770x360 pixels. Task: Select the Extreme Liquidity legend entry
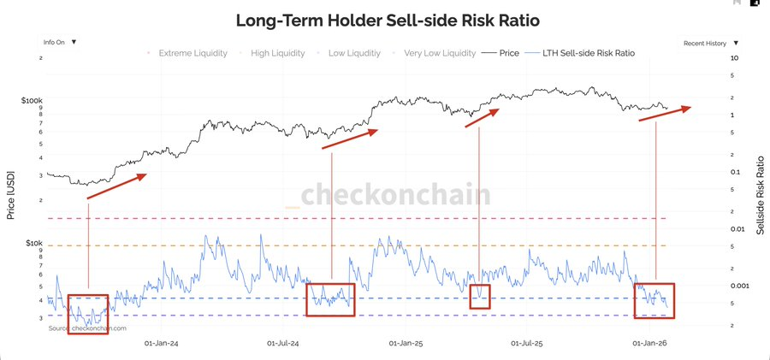point(192,53)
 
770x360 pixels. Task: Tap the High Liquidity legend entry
point(275,53)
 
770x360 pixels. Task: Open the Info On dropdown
point(60,41)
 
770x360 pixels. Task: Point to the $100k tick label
point(32,101)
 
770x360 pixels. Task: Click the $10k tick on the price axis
point(34,243)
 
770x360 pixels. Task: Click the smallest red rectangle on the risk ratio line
point(479,297)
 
